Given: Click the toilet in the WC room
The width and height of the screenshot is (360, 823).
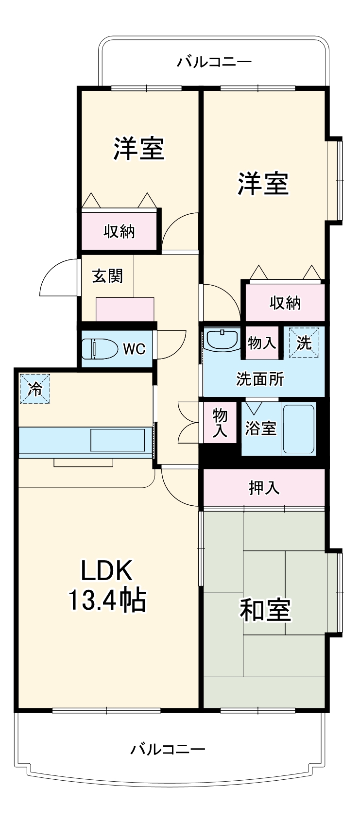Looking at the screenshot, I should [x=100, y=348].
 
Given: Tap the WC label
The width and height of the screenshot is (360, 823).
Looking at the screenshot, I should [x=134, y=349].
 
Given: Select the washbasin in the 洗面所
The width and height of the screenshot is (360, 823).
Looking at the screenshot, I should [x=222, y=340].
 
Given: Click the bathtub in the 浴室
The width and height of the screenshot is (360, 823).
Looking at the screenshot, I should [x=299, y=429].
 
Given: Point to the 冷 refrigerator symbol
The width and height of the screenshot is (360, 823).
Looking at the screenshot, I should [x=34, y=388].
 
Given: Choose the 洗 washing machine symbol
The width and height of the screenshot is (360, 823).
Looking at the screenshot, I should [x=304, y=343].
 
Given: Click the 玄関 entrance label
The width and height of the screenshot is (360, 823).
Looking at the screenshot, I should [x=108, y=276].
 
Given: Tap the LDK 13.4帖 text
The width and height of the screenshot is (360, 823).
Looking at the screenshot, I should [x=107, y=586].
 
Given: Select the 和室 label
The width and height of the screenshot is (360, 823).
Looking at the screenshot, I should [x=265, y=610].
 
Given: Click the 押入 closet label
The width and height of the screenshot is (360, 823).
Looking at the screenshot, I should [x=264, y=487].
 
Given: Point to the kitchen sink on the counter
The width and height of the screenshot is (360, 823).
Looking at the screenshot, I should [x=118, y=440].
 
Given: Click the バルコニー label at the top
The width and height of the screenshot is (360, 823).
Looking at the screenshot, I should [x=214, y=62].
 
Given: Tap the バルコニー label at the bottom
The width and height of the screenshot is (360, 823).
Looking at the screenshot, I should [x=168, y=749].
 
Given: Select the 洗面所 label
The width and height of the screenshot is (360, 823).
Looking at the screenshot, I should [x=260, y=378].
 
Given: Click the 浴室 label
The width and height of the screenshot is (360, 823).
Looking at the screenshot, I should [x=260, y=428].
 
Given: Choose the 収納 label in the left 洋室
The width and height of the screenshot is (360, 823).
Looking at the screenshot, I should [x=119, y=232].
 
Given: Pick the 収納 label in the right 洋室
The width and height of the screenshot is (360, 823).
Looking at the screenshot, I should [x=285, y=303].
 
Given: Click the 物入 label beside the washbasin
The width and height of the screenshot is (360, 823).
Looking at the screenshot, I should [x=262, y=343].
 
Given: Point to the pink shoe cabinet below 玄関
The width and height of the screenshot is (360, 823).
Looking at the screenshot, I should [x=125, y=309].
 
